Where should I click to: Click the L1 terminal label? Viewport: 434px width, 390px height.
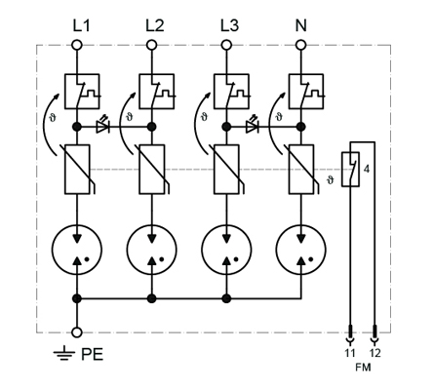click(81, 26)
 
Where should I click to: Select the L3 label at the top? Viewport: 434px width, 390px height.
click(229, 26)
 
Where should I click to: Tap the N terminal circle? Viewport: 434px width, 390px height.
click(301, 45)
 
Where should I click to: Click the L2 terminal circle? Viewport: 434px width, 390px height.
click(151, 45)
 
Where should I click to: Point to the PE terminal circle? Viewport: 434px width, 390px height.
click(77, 332)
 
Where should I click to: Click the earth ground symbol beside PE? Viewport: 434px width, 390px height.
click(64, 353)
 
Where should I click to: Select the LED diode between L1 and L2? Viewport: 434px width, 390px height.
click(102, 125)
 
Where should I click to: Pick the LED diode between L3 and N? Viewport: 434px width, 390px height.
click(252, 125)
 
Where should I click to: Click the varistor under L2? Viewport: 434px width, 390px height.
click(152, 170)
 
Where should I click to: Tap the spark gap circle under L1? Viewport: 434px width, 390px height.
click(77, 250)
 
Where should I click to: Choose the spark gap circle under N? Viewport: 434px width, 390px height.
click(301, 250)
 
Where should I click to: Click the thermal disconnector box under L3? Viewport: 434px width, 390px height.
click(231, 92)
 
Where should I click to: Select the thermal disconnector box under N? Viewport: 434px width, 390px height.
click(306, 92)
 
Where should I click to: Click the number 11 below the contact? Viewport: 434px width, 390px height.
click(350, 353)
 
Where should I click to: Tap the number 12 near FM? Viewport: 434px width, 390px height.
click(375, 353)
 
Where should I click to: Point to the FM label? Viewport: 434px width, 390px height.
click(363, 368)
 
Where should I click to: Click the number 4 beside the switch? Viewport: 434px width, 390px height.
click(367, 169)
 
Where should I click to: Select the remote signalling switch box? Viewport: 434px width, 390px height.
click(350, 170)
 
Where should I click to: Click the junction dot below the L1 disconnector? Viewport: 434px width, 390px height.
click(77, 127)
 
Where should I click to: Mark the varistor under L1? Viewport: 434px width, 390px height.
click(77, 170)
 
